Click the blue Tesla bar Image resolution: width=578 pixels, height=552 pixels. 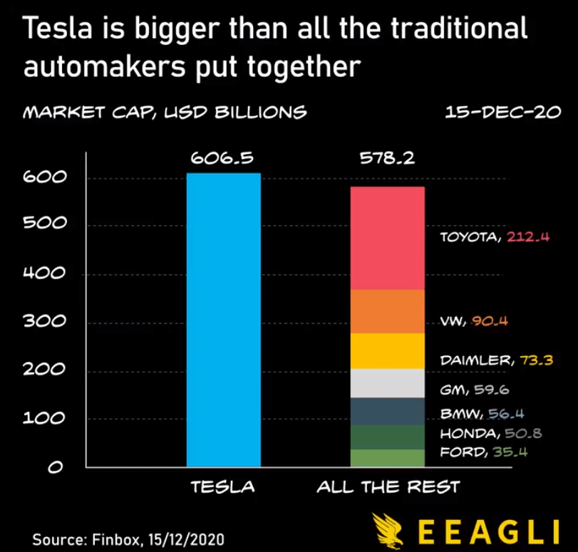click(x=223, y=320)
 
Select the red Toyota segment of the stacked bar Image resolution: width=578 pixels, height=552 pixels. click(x=387, y=238)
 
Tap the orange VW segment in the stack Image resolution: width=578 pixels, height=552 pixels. click(x=387, y=311)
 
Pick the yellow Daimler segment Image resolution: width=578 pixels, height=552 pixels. click(x=387, y=351)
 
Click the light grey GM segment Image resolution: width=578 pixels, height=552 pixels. click(x=387, y=383)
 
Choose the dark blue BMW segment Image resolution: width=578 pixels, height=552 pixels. click(x=387, y=411)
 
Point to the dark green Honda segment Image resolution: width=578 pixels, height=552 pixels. click(x=387, y=437)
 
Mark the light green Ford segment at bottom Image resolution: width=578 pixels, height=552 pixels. click(x=387, y=458)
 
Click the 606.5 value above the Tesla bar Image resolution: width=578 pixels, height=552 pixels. click(x=222, y=158)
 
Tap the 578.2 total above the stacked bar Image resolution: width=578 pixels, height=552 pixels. click(x=387, y=158)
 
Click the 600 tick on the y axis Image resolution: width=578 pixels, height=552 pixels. click(x=44, y=177)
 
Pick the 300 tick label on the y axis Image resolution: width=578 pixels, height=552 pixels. click(x=44, y=321)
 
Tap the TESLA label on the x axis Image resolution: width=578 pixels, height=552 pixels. click(x=222, y=488)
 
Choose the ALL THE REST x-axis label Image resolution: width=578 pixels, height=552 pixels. click(x=388, y=488)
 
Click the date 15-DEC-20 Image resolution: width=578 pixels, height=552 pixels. click(x=502, y=113)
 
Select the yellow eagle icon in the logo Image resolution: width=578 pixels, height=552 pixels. click(x=391, y=530)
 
